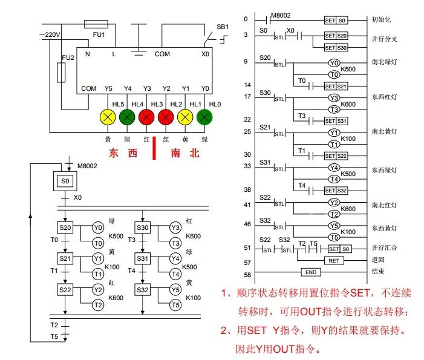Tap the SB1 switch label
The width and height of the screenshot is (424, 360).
(x=223, y=27)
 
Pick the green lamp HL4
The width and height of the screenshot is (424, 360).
(x=127, y=116)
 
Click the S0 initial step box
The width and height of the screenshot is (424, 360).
(x=65, y=180)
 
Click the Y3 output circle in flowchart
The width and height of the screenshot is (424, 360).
(x=175, y=227)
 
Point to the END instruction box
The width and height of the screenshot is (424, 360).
(x=310, y=272)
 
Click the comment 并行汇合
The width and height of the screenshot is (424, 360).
(x=385, y=249)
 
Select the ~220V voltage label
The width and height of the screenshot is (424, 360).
(x=50, y=35)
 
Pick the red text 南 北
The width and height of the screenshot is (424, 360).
(x=184, y=154)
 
